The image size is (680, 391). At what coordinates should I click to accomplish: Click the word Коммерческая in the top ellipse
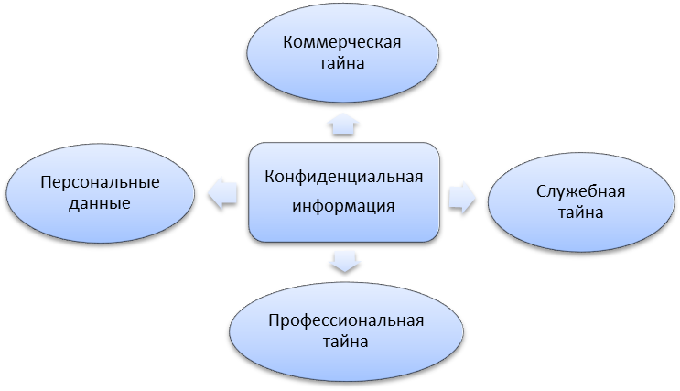tap(343, 42)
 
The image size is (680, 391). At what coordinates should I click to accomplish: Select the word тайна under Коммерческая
tap(343, 64)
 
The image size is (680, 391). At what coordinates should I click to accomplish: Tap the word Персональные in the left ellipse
tap(100, 181)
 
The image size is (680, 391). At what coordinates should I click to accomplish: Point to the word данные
tap(100, 203)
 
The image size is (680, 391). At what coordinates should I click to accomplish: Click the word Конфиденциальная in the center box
tap(343, 178)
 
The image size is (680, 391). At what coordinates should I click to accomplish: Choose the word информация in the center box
tap(343, 205)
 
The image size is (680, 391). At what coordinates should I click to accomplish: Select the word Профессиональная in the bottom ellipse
tap(345, 320)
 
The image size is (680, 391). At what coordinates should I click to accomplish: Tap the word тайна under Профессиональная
tap(345, 342)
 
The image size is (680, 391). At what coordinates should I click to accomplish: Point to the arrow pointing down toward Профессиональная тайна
tap(344, 261)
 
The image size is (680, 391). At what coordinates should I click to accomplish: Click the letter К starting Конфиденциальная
tap(269, 178)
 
